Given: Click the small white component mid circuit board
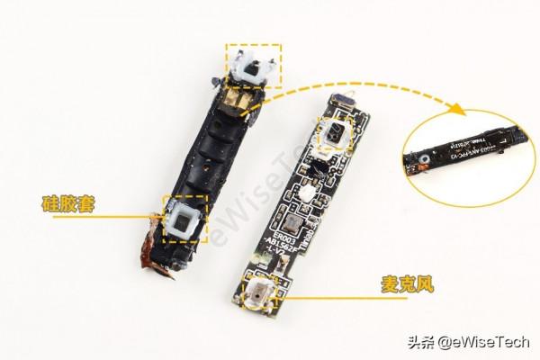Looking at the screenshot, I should click(x=305, y=192).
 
